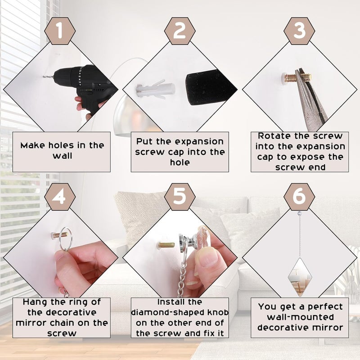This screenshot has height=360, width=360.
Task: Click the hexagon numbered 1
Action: coord(60,31)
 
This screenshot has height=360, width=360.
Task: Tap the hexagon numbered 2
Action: coord(180,31)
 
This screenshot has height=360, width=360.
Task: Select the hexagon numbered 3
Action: coord(299,31)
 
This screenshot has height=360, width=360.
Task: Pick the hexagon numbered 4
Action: coord(60,197)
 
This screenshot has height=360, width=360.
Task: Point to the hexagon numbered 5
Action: coord(180,197)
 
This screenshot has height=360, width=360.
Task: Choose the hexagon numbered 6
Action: coord(299,197)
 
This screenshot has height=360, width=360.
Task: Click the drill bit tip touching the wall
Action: coord(43,77)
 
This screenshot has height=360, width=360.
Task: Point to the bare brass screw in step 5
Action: coord(166,245)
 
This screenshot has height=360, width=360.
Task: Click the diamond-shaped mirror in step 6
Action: coord(300,277)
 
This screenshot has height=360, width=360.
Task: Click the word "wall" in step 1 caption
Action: coord(63,156)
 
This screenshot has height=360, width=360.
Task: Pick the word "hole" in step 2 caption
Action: coord(180,162)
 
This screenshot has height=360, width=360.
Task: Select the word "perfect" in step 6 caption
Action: coord(325,307)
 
